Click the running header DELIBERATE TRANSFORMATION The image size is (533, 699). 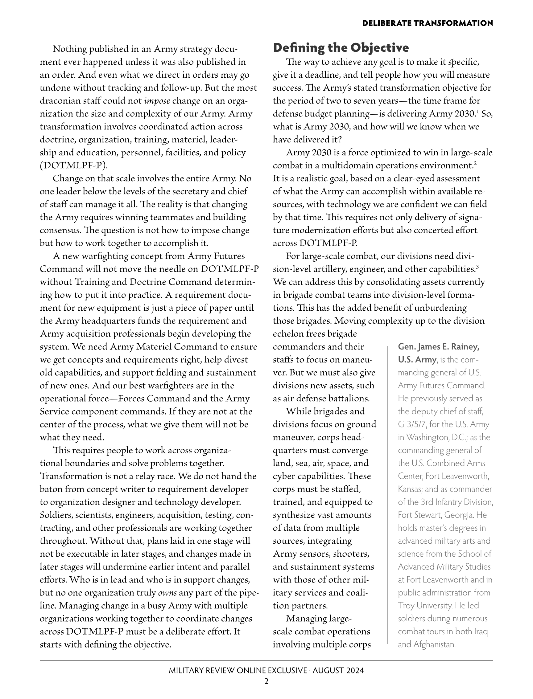(x=427, y=23)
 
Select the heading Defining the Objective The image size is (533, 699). (x=341, y=47)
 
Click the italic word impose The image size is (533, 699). (x=157, y=101)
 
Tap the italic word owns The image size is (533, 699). (x=167, y=592)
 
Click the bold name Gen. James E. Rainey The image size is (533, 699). (x=438, y=347)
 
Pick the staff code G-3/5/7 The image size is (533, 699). (x=411, y=424)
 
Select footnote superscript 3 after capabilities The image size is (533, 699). (x=477, y=266)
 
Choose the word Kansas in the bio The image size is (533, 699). (x=409, y=489)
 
